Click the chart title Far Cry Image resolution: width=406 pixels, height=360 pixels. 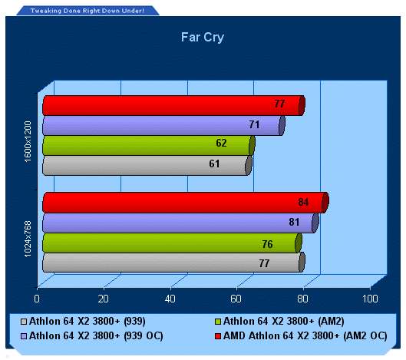pyautogui.click(x=202, y=38)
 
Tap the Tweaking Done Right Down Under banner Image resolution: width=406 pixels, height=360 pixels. pyautogui.click(x=87, y=11)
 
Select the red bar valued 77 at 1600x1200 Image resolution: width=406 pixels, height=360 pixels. pyautogui.click(x=173, y=105)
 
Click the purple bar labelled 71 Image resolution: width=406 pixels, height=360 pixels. pyautogui.click(x=164, y=126)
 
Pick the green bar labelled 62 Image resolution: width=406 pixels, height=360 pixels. pyautogui.click(x=149, y=146)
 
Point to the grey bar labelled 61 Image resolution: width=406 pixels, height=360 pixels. pyautogui.click(x=147, y=166)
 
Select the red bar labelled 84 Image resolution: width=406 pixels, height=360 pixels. pyautogui.click(x=186, y=203)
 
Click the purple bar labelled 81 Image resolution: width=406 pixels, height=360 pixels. pyautogui.click(x=180, y=223)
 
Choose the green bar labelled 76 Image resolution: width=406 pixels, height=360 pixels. pyautogui.click(x=172, y=243)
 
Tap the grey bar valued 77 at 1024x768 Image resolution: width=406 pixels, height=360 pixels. pyautogui.click(x=173, y=263)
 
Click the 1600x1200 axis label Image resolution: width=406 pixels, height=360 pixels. pyautogui.click(x=28, y=141)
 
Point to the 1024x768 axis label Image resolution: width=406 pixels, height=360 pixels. pyautogui.click(x=28, y=239)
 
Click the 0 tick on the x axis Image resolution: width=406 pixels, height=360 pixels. pyautogui.click(x=37, y=299)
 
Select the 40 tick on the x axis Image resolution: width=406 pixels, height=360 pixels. pyautogui.click(x=170, y=299)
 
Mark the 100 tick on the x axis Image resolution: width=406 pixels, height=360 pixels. pyautogui.click(x=370, y=299)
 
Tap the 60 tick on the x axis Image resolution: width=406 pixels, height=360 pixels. pyautogui.click(x=236, y=299)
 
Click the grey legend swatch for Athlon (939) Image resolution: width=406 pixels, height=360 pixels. pyautogui.click(x=24, y=322)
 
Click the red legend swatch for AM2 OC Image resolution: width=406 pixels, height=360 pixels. pyautogui.click(x=218, y=336)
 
